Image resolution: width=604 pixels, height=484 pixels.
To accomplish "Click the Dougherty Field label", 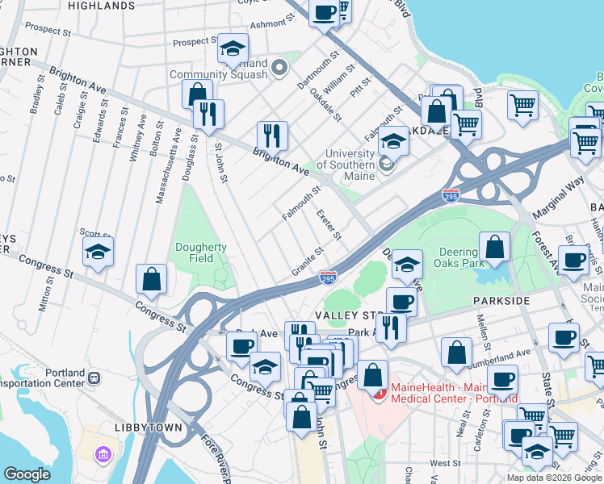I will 201,253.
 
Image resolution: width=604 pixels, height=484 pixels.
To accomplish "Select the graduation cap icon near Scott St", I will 99,252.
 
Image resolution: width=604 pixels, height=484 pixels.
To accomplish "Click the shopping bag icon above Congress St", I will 152,280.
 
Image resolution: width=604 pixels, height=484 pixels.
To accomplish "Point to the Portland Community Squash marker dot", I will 280,68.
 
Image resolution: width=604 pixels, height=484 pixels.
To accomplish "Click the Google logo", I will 27,474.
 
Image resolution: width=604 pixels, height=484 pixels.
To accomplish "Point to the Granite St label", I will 308,263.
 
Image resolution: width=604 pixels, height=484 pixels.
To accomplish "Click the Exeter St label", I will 329,225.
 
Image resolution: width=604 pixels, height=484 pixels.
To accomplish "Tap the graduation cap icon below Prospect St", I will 233,50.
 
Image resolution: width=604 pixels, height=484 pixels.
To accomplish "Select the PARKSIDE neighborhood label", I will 501,301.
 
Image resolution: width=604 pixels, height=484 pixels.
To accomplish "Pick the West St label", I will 445,463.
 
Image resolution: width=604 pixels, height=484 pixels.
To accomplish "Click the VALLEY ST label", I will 338,315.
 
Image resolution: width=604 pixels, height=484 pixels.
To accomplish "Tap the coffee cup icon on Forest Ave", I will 575,261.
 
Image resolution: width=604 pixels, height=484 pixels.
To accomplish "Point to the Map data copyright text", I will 554,478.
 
